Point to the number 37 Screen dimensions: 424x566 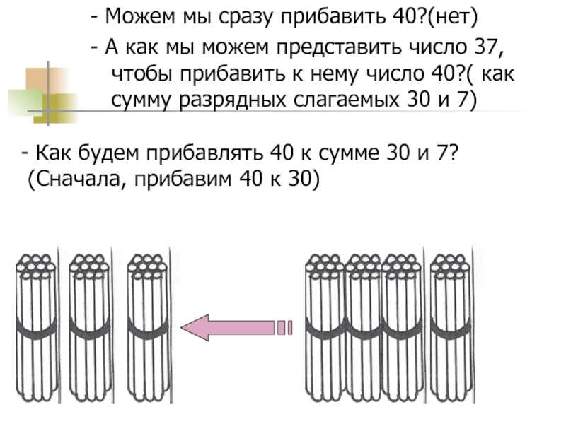point(475,49)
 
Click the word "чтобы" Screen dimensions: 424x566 point(139,74)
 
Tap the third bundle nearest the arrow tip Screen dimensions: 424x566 point(147,325)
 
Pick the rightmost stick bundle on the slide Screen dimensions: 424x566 point(449,325)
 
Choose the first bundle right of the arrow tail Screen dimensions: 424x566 point(324,325)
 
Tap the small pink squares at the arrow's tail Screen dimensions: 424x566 point(284,327)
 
